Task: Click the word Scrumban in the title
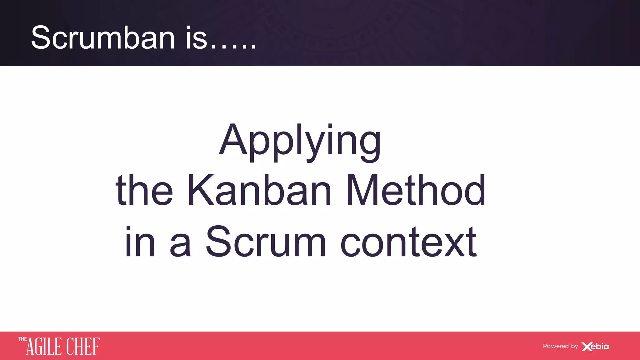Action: click(103, 38)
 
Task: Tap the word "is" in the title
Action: click(197, 38)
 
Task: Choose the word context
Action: click(408, 242)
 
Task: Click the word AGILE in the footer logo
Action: click(44, 347)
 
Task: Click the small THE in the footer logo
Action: click(22, 339)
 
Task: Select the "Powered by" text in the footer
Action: click(560, 346)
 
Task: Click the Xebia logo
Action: click(595, 347)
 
